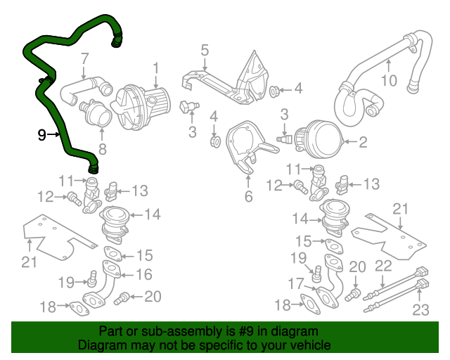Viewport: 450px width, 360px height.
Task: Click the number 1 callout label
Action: coord(156,69)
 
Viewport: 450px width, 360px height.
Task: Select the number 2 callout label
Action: coord(363,143)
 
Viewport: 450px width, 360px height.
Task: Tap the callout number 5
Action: coord(205,50)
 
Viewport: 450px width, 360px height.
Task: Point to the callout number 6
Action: coord(248,198)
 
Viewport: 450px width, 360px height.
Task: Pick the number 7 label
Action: coord(84,58)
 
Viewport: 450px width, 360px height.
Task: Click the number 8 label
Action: coord(102,148)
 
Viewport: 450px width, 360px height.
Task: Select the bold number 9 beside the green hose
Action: coord(42,134)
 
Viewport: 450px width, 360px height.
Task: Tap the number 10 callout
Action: coord(389,79)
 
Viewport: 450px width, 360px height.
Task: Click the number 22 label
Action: coord(383,265)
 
